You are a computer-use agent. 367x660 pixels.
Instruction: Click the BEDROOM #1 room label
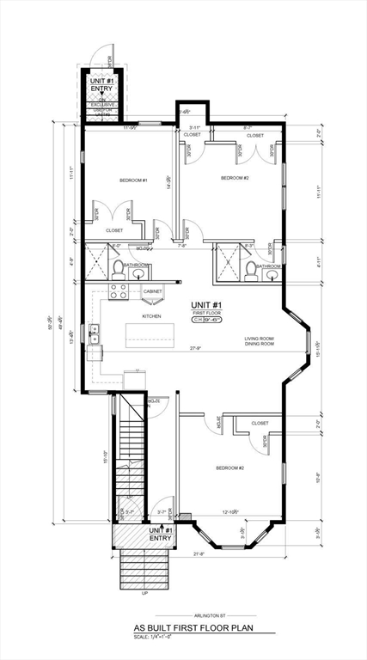(x=133, y=180)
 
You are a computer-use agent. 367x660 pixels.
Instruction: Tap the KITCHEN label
(x=151, y=316)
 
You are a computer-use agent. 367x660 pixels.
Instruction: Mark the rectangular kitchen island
(x=148, y=334)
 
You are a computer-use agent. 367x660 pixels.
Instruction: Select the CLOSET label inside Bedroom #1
(x=113, y=230)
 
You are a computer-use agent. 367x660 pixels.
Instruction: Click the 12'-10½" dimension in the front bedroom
(x=230, y=513)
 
